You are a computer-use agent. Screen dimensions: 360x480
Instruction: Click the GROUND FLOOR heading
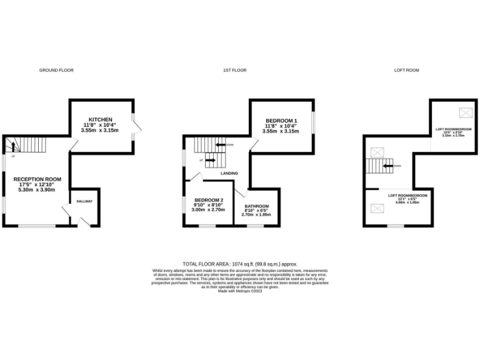(56, 70)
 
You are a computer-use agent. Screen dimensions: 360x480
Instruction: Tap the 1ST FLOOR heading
(235, 70)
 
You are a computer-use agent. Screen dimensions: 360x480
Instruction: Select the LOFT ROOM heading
(406, 70)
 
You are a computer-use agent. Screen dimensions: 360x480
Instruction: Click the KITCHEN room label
(100, 119)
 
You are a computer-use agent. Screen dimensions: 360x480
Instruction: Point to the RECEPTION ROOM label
(37, 179)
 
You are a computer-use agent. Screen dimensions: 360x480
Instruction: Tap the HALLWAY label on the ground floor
(84, 201)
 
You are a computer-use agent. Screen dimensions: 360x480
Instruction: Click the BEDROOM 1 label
(281, 121)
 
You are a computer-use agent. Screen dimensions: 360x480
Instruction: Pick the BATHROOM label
(256, 206)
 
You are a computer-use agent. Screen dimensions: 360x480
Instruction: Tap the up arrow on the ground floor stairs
(11, 147)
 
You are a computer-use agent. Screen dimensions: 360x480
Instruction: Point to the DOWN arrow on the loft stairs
(392, 166)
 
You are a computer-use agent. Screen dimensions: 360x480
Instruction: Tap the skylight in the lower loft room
(377, 210)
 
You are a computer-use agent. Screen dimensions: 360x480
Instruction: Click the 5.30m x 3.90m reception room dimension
(37, 190)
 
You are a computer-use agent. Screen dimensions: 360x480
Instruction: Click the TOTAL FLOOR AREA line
(240, 264)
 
